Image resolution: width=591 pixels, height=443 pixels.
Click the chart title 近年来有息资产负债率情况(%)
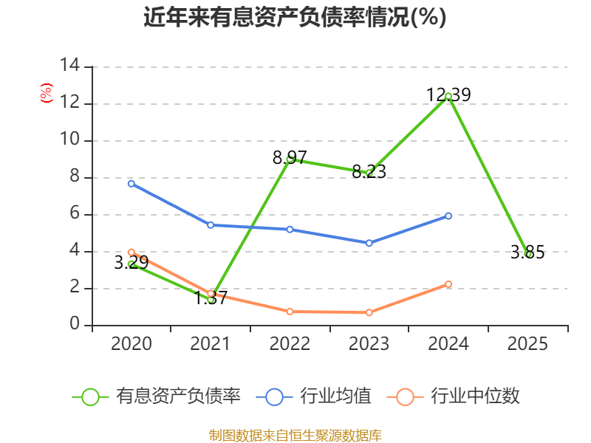pyautogui.click(x=295, y=17)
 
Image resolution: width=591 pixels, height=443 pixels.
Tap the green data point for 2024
pyautogui.click(x=448, y=96)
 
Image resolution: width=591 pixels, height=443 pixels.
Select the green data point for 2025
pyautogui.click(x=527, y=253)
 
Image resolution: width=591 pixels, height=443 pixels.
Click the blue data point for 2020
pyautogui.click(x=131, y=183)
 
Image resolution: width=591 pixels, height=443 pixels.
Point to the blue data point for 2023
pyautogui.click(x=369, y=243)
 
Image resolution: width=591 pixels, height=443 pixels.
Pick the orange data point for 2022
pyautogui.click(x=290, y=312)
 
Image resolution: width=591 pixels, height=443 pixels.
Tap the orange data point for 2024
pyautogui.click(x=448, y=284)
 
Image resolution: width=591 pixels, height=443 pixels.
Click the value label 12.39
pyautogui.click(x=448, y=95)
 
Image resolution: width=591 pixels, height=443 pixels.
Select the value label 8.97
pyautogui.click(x=290, y=157)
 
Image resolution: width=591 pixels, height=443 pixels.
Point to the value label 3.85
pyautogui.click(x=527, y=253)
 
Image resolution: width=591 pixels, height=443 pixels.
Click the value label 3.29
pyautogui.click(x=131, y=262)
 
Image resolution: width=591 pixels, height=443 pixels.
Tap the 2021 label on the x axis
pyautogui.click(x=211, y=344)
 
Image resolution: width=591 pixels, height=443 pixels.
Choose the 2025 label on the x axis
pyautogui.click(x=527, y=344)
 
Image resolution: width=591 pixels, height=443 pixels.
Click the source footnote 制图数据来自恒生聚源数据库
pyautogui.click(x=295, y=435)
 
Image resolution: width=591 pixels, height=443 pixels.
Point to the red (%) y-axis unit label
pyautogui.click(x=46, y=93)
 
